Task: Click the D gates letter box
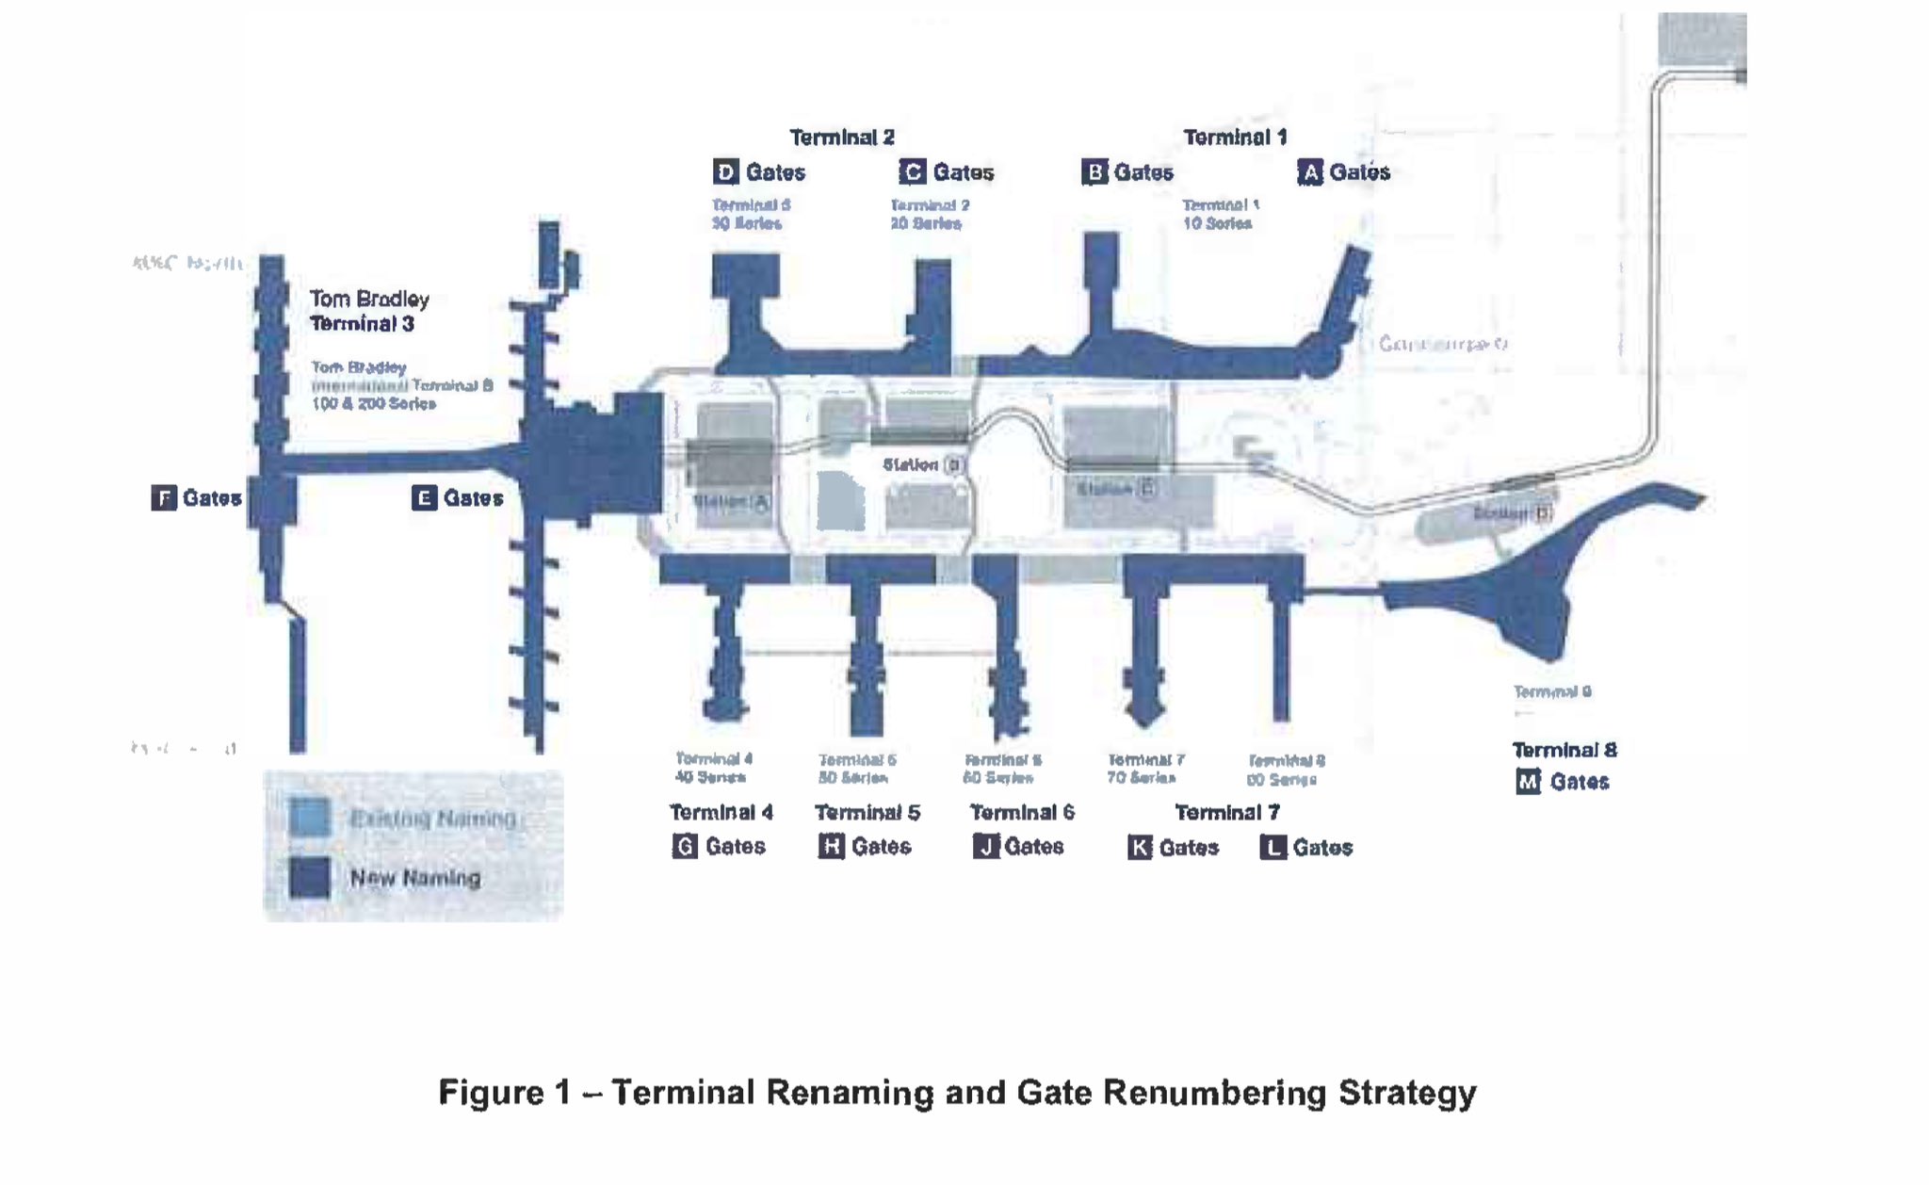click(x=725, y=172)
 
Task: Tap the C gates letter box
click(x=912, y=172)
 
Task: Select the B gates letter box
click(x=1094, y=172)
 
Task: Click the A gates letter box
click(x=1310, y=172)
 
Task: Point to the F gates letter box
click(x=164, y=497)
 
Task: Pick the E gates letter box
click(x=424, y=497)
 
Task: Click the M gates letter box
click(x=1528, y=782)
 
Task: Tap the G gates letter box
click(x=685, y=846)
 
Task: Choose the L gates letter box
click(x=1272, y=848)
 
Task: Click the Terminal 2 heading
click(x=841, y=138)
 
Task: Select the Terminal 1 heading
click(x=1234, y=138)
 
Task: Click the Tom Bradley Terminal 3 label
click(x=368, y=311)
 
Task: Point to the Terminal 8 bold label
click(x=1564, y=750)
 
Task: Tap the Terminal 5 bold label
click(x=867, y=812)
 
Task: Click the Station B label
click(x=923, y=464)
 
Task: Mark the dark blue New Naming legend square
click(x=310, y=877)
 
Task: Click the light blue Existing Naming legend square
click(x=310, y=817)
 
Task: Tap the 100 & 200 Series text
click(x=374, y=403)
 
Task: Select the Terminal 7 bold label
click(x=1226, y=812)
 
